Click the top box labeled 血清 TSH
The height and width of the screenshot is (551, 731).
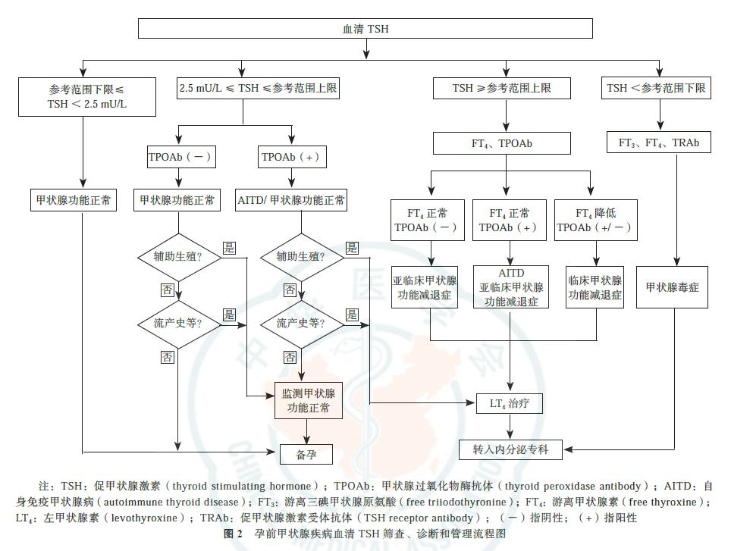tap(365, 30)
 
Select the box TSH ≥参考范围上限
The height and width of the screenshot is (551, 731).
tap(501, 89)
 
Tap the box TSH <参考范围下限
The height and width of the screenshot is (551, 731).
tap(657, 89)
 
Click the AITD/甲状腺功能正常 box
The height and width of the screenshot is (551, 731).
tap(291, 201)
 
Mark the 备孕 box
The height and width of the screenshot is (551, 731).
tap(307, 454)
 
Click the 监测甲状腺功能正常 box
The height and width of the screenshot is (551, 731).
tap(307, 401)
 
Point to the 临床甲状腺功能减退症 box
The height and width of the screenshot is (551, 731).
tap(595, 287)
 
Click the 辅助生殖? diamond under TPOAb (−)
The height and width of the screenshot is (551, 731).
tap(179, 256)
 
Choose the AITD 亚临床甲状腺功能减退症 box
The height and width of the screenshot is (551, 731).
tap(513, 287)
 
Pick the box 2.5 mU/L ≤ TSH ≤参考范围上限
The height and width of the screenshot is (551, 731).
tap(258, 89)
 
